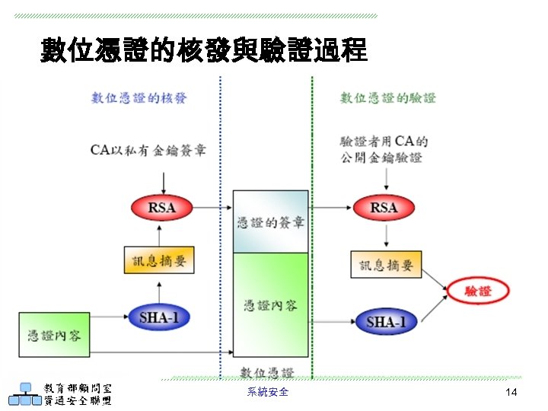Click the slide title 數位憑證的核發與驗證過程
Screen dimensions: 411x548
point(204,51)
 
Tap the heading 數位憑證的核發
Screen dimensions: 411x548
point(139,97)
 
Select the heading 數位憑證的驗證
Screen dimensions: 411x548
point(387,97)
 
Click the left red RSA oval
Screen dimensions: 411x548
point(163,207)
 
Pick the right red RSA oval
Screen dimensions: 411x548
point(384,207)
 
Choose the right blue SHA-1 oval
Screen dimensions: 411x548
point(386,321)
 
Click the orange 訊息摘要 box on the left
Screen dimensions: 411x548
point(159,261)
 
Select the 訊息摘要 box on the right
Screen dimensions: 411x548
point(386,265)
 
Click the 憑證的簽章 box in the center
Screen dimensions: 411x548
point(270,222)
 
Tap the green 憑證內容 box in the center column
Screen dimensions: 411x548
point(270,304)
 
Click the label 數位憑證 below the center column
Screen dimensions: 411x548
point(266,372)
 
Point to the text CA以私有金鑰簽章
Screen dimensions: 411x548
point(148,149)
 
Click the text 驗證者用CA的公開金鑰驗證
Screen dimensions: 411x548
point(383,149)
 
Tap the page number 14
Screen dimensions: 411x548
point(511,392)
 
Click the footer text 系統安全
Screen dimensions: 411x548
point(268,392)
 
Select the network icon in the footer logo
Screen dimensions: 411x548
point(24,394)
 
